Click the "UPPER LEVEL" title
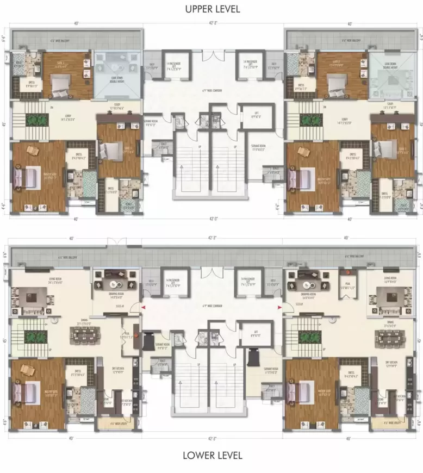point(211,9)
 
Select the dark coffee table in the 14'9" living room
point(387,299)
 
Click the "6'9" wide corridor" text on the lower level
point(212,308)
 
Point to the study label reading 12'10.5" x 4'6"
point(113,108)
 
